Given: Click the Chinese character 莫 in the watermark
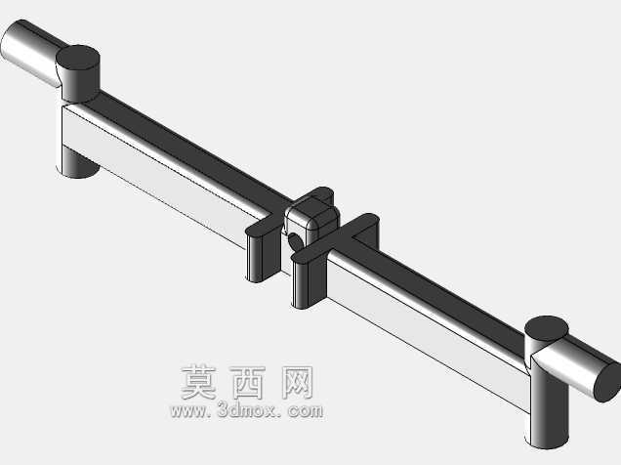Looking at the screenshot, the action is coord(199,383).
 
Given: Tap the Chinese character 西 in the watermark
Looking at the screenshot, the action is coord(248,383).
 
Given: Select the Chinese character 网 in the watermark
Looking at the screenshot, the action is coord(297,383).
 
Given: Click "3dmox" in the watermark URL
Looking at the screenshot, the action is coord(246,410).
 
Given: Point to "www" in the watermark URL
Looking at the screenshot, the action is coord(188,411).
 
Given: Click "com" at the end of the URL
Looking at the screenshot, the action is coord(306,411).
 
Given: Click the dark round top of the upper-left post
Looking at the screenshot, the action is coord(78,58).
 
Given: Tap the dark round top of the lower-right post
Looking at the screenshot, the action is coord(546,329).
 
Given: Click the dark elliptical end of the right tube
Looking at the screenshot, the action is coord(608,382).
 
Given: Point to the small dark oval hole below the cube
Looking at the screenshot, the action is coord(294,241).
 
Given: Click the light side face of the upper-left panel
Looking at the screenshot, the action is coord(158,174).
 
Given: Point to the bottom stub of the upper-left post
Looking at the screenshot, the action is coord(78,162).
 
